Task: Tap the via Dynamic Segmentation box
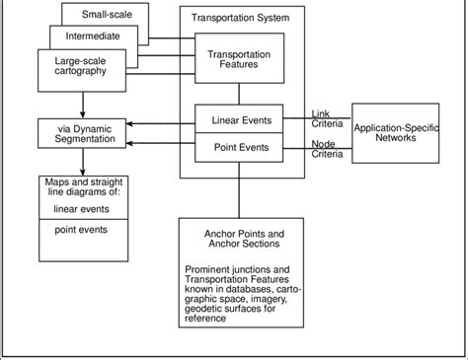click(x=80, y=133)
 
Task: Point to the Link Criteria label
click(x=327, y=118)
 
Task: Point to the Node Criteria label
click(x=327, y=151)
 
